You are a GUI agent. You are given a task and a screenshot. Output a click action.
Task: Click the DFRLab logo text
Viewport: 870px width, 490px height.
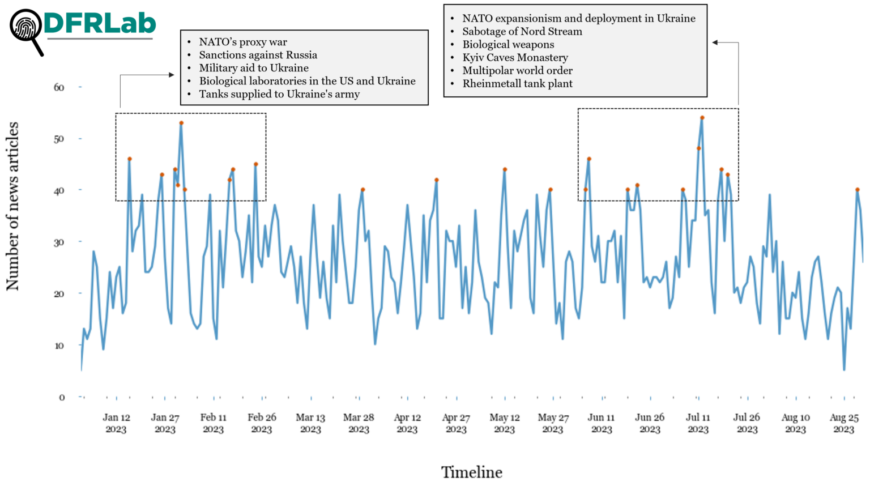click(x=100, y=23)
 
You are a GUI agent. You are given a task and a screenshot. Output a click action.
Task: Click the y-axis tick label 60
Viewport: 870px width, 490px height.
click(x=59, y=87)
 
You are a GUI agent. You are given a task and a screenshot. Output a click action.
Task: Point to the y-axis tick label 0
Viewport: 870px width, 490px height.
click(x=62, y=398)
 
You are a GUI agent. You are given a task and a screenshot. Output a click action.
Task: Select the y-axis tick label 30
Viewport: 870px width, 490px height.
click(x=59, y=242)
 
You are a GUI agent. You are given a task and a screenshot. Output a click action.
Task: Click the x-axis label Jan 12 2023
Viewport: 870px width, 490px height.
click(x=116, y=423)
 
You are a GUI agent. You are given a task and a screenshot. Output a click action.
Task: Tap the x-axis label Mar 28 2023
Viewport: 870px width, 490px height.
click(x=359, y=423)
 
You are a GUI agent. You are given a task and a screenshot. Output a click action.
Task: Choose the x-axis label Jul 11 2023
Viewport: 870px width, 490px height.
click(x=698, y=423)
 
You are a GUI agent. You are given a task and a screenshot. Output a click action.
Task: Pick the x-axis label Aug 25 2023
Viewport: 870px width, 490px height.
click(x=844, y=423)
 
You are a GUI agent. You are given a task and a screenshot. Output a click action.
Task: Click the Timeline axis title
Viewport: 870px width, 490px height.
click(x=472, y=472)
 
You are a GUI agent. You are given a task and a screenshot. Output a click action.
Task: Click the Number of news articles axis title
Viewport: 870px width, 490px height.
click(x=12, y=206)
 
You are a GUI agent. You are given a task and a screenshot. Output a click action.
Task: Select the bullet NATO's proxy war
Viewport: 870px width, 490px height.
click(x=243, y=42)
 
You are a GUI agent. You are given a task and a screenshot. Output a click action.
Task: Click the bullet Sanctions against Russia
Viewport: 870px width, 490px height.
click(x=258, y=55)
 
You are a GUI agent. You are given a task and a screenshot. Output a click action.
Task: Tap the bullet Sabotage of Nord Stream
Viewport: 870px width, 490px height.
click(x=522, y=32)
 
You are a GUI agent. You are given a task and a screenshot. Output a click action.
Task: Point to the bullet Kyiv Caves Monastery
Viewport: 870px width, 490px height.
click(x=515, y=58)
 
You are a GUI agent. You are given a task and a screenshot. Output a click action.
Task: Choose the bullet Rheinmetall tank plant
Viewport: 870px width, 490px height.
click(x=517, y=84)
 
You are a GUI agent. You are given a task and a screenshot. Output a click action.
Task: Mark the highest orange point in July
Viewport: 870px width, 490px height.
click(x=702, y=118)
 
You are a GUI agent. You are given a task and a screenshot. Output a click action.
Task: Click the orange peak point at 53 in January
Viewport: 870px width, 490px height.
click(x=181, y=123)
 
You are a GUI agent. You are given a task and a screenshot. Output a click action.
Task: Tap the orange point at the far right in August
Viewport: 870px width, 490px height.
click(x=858, y=190)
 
